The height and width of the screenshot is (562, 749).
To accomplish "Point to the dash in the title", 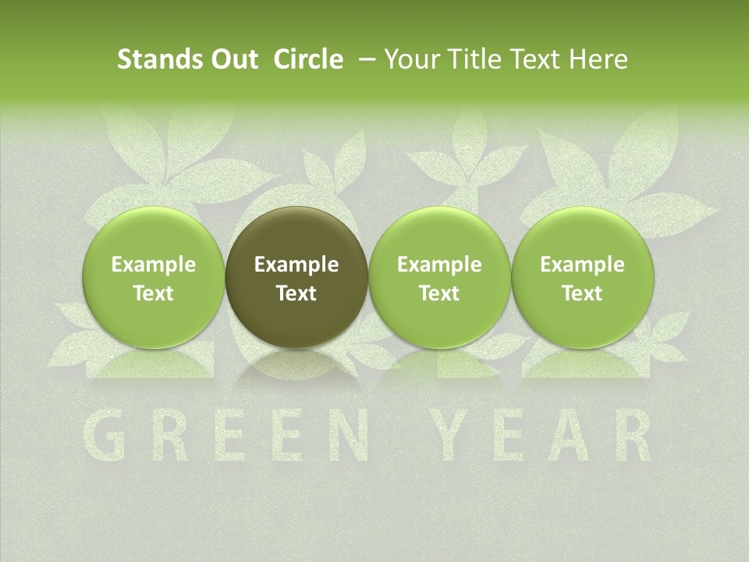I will pyautogui.click(x=364, y=59).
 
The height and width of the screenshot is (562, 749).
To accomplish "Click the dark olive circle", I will pyautogui.click(x=296, y=278).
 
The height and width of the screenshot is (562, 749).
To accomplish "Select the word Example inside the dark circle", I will pyautogui.click(x=296, y=265).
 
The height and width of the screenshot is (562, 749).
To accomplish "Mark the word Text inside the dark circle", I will pyautogui.click(x=296, y=293).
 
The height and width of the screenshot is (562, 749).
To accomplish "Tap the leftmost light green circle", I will pyautogui.click(x=154, y=278).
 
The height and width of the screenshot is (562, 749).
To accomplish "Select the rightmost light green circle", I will pyautogui.click(x=583, y=278).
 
